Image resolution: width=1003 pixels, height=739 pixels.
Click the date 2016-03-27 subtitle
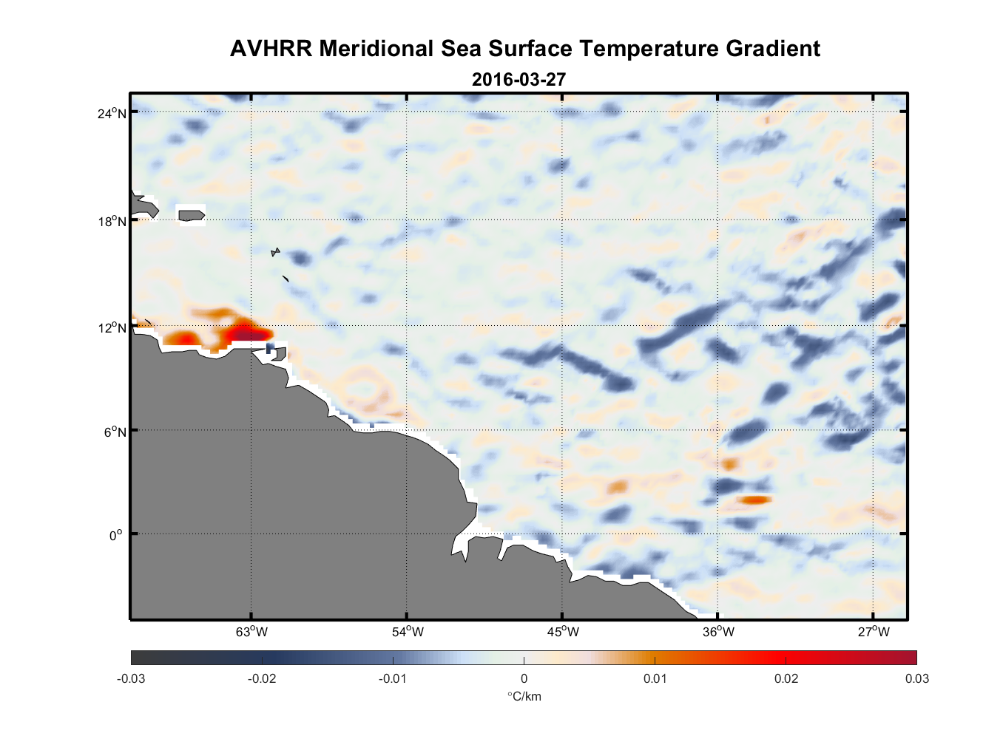519,79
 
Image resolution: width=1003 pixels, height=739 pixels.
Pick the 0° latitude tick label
116,535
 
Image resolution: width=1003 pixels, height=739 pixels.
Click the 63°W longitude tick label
251,632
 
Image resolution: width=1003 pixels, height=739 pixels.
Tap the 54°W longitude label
408,632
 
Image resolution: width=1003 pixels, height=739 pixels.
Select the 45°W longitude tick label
563,632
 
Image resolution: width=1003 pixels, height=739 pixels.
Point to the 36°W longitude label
718,632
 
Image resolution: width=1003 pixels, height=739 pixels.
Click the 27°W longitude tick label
874,632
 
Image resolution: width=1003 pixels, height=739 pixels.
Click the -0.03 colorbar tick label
131,678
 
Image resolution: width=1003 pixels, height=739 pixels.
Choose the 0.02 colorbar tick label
786,678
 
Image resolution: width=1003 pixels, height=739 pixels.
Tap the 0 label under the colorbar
524,678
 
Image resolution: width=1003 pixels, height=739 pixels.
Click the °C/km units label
524,696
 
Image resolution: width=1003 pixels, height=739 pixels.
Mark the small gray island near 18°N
191,215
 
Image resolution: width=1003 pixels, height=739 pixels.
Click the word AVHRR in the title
270,49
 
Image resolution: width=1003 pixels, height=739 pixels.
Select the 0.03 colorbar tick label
916,678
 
